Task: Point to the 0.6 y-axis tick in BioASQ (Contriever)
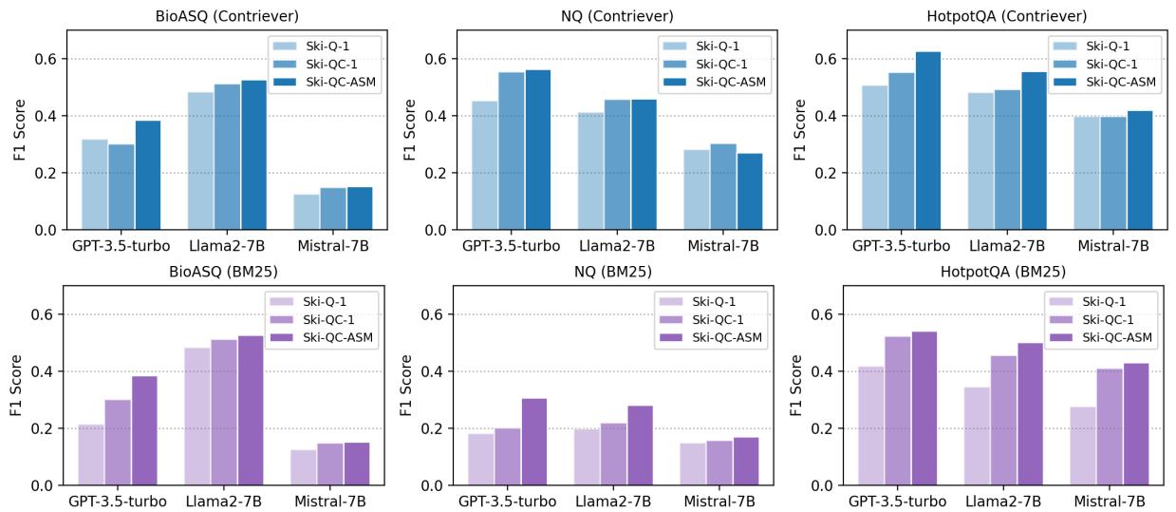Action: coord(47,59)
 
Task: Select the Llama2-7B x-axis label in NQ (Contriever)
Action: coord(616,245)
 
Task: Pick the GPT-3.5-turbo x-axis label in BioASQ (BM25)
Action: coord(118,501)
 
